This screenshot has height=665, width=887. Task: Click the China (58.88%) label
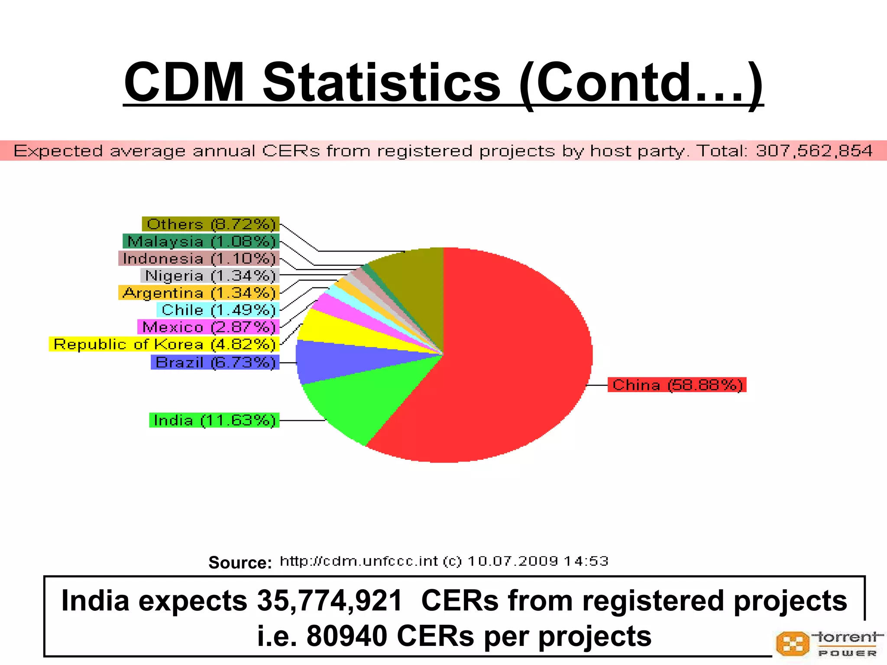pos(677,385)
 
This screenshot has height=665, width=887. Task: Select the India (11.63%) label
pos(214,420)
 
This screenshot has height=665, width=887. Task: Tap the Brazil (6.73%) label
pos(215,362)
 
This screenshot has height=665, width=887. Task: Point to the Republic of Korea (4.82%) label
pos(164,344)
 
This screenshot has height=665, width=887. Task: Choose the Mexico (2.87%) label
pos(208,327)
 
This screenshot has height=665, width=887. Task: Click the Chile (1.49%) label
pos(218,310)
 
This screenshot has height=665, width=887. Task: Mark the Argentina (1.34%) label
pos(199,293)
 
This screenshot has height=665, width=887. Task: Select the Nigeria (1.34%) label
pos(210,275)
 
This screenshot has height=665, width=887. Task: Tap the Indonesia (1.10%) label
pos(199,258)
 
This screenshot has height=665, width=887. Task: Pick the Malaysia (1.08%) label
pos(201,241)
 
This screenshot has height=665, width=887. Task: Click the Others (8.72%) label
pos(211,224)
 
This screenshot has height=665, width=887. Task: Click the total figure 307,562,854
pos(814,151)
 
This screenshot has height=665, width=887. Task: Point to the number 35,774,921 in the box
pos(330,601)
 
